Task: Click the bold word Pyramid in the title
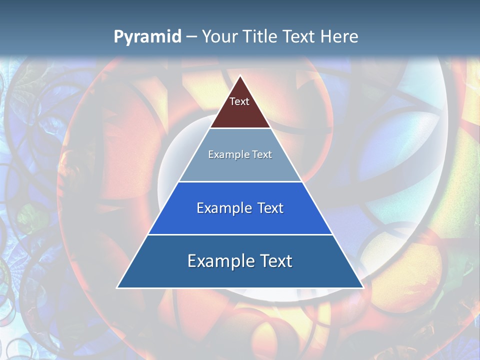147,37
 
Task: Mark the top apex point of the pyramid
240,76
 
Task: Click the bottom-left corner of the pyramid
117,287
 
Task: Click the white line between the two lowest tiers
240,234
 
